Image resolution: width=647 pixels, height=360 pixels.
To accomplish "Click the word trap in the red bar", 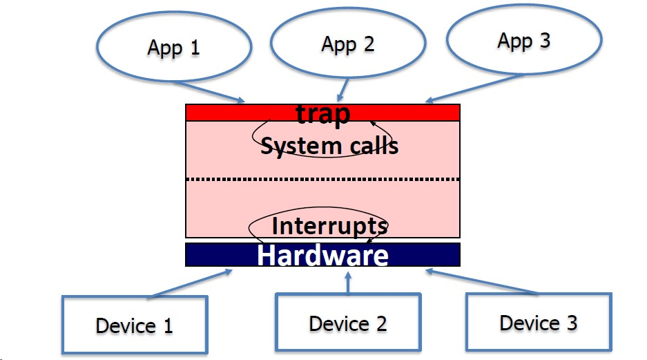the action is pyautogui.click(x=323, y=113).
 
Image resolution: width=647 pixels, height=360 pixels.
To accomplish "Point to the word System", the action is pyautogui.click(x=301, y=146).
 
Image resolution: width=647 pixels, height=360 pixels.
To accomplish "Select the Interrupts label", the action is pyautogui.click(x=329, y=226).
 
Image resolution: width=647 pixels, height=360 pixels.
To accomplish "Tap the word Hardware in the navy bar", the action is pyautogui.click(x=322, y=255).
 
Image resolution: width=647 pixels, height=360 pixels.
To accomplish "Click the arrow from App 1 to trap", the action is pyautogui.click(x=209, y=92).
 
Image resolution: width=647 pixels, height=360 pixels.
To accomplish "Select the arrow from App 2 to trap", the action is pyautogui.click(x=343, y=90).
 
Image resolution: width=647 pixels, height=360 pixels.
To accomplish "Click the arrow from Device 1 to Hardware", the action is pyautogui.click(x=191, y=283).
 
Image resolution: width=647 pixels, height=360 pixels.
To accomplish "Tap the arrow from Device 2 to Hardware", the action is pyautogui.click(x=348, y=283).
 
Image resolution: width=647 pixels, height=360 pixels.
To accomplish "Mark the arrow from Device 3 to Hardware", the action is pyautogui.click(x=481, y=281).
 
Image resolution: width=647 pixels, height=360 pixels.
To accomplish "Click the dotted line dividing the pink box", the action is pyautogui.click(x=322, y=179).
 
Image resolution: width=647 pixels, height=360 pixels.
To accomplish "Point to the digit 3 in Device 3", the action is pyautogui.click(x=572, y=323).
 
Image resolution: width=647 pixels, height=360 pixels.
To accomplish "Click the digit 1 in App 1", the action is pyautogui.click(x=195, y=47).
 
